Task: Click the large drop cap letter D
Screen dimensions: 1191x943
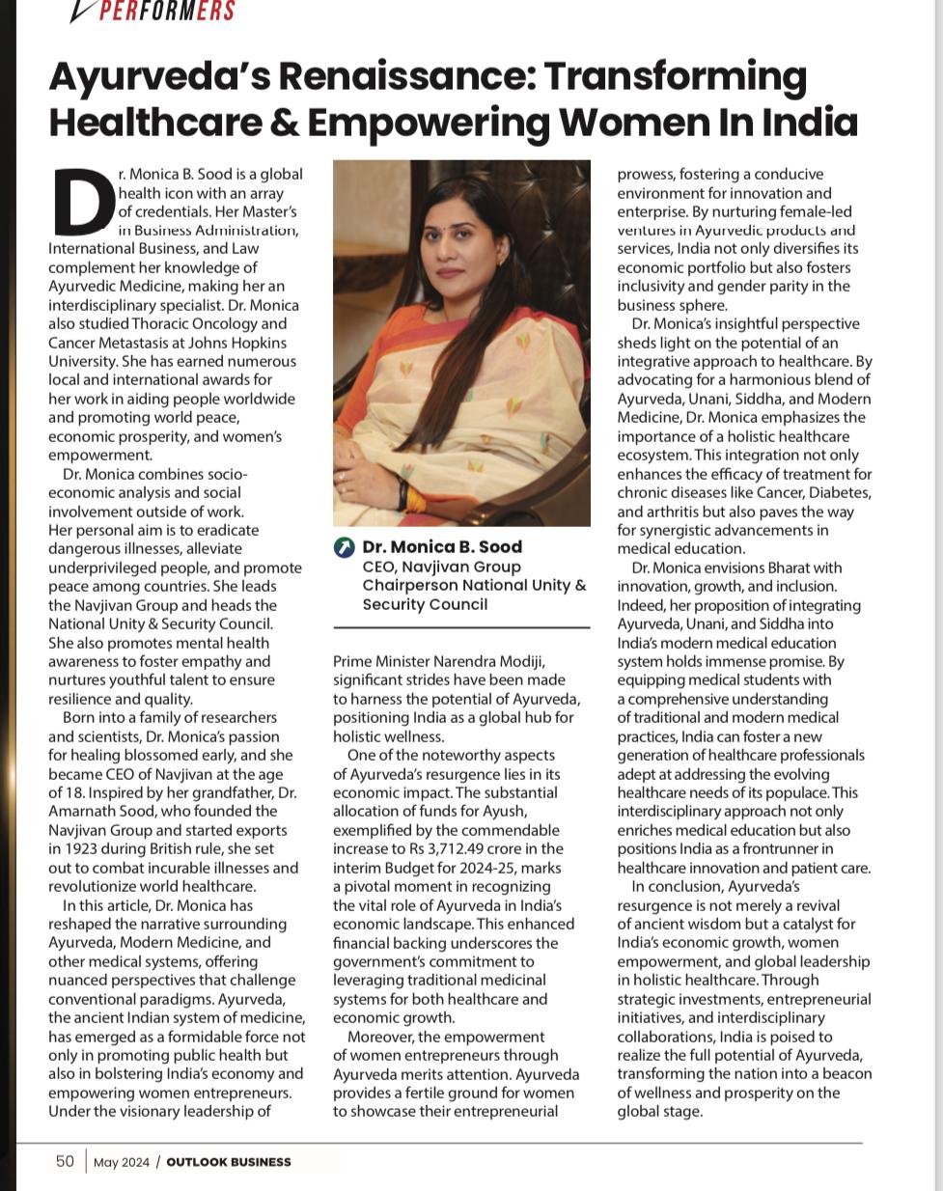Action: click(x=83, y=202)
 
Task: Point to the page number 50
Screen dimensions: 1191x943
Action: click(x=65, y=1161)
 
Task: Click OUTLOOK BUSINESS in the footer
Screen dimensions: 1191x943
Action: click(x=228, y=1162)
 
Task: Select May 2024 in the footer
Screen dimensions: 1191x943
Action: click(x=122, y=1162)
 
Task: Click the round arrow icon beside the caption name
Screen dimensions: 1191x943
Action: click(x=345, y=547)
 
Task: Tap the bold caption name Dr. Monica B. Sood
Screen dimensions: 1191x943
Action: click(x=442, y=547)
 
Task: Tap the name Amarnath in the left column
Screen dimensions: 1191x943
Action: click(x=80, y=812)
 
